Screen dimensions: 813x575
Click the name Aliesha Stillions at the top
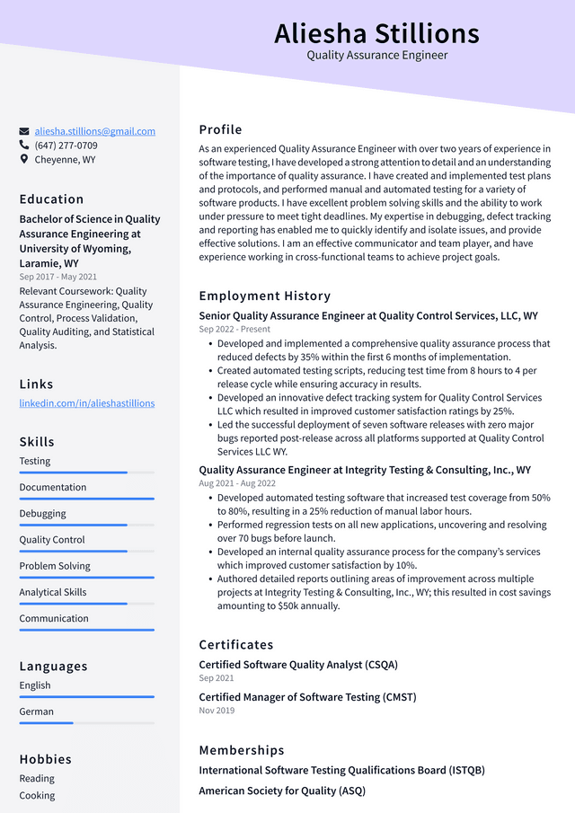pyautogui.click(x=376, y=33)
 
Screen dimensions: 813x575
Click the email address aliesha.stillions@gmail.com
pyautogui.click(x=94, y=131)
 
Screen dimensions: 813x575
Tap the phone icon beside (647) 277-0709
pyautogui.click(x=24, y=145)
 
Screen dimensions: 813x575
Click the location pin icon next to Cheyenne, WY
pyautogui.click(x=24, y=159)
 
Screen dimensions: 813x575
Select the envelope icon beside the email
pyautogui.click(x=24, y=131)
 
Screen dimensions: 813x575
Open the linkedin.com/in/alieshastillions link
pyautogui.click(x=86, y=403)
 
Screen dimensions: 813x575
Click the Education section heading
pyautogui.click(x=51, y=199)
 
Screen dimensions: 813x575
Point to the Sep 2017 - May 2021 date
pyautogui.click(x=57, y=277)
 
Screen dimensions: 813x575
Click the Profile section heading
pyautogui.click(x=220, y=129)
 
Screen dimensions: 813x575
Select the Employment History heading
pyautogui.click(x=264, y=296)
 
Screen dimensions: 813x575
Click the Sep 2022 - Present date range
pyautogui.click(x=234, y=330)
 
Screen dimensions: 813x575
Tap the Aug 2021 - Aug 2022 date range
pyautogui.click(x=237, y=483)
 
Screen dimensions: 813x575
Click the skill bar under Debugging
pyautogui.click(x=86, y=525)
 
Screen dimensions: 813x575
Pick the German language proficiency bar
pyautogui.click(x=86, y=722)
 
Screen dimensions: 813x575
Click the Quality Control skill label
pyautogui.click(x=52, y=540)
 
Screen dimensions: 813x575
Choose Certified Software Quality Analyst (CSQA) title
pyautogui.click(x=297, y=665)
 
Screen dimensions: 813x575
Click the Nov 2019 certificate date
pyautogui.click(x=217, y=711)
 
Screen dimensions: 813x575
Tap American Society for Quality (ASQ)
pyautogui.click(x=281, y=791)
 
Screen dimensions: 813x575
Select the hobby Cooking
pyautogui.click(x=37, y=795)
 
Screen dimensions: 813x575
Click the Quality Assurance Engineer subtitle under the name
pyautogui.click(x=376, y=56)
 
